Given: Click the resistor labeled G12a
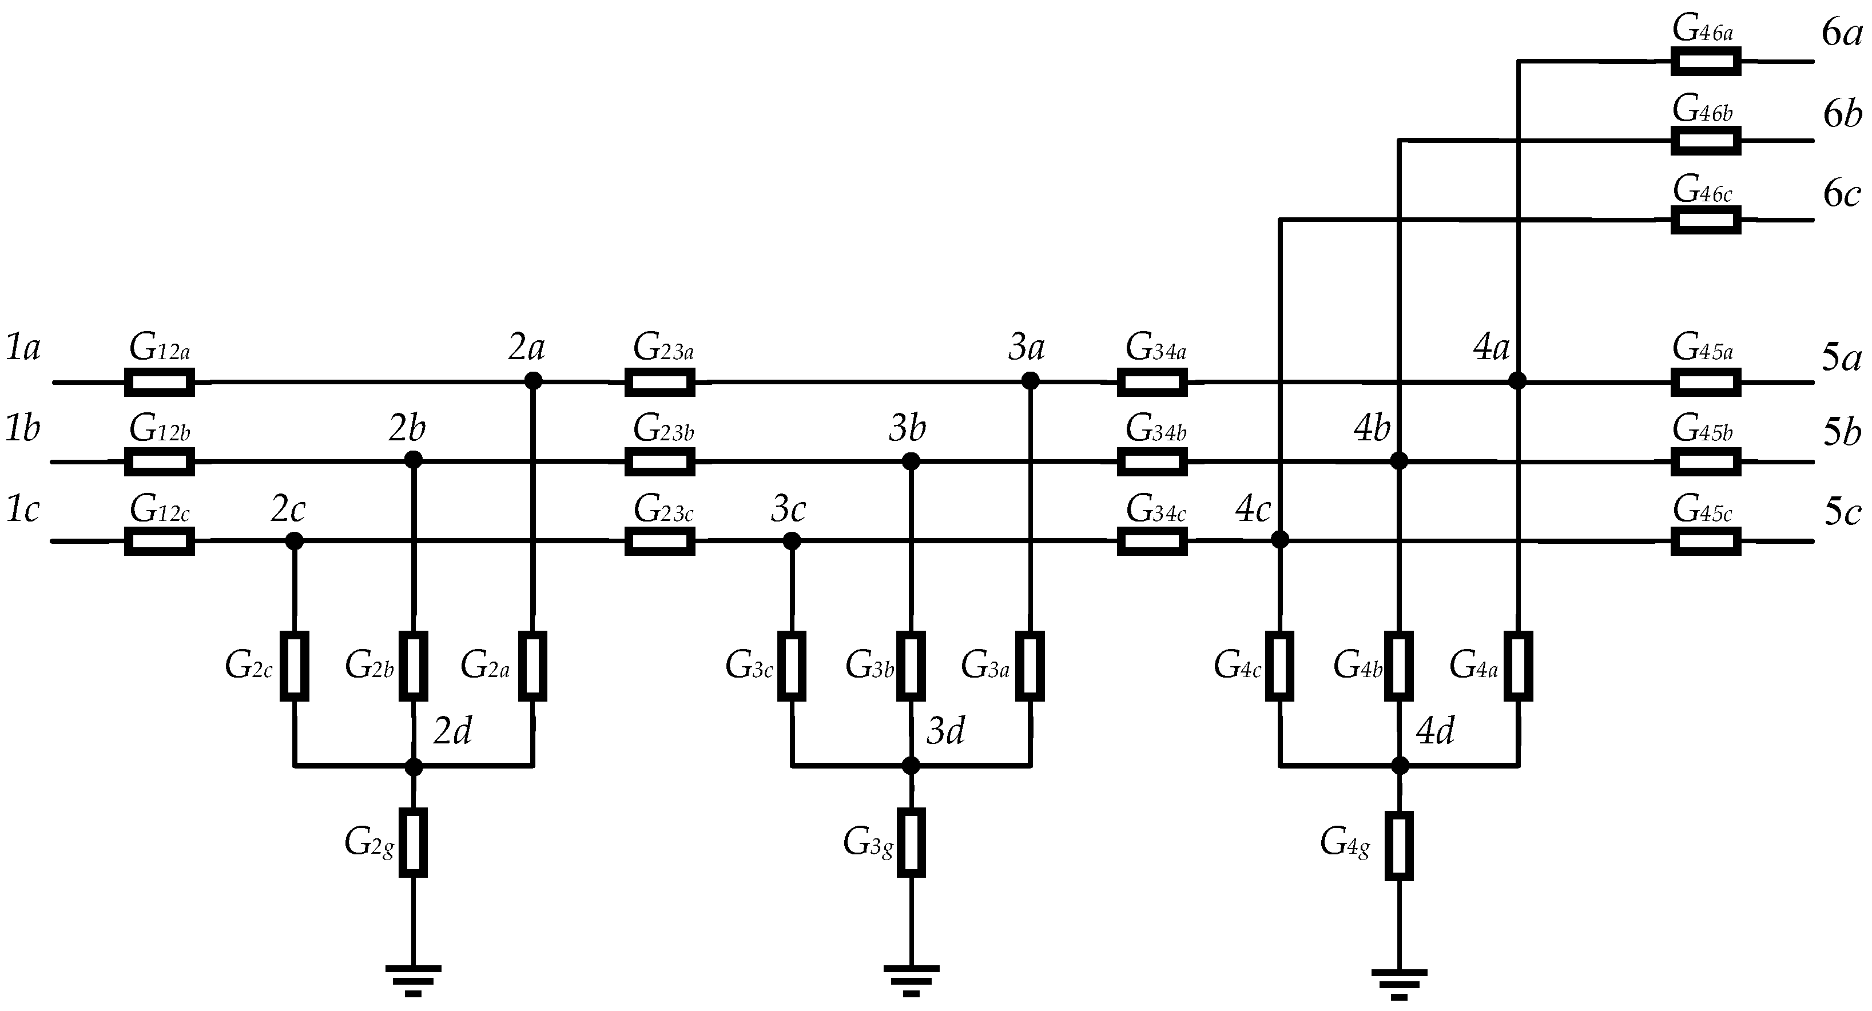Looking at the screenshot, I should coord(159,381).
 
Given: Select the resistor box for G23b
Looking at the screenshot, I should coord(660,461).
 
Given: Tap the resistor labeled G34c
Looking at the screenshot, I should coord(1152,541).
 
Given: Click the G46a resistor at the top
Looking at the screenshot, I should coord(1706,61).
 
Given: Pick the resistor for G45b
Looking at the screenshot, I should coord(1706,461).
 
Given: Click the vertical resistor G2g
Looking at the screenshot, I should coord(413,842).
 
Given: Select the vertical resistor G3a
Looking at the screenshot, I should coord(1030,666).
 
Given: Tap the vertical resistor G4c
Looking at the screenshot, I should coord(1279,666).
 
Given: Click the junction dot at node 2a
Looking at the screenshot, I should coord(534,380).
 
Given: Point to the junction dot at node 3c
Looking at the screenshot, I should coord(792,541).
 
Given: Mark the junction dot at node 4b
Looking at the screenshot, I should coord(1399,461).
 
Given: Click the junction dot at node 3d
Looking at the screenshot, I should coord(911,765).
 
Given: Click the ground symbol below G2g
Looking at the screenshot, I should coord(413,980).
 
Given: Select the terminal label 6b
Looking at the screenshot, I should coord(1842,114).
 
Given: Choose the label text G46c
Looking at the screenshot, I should coord(1703,190).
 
